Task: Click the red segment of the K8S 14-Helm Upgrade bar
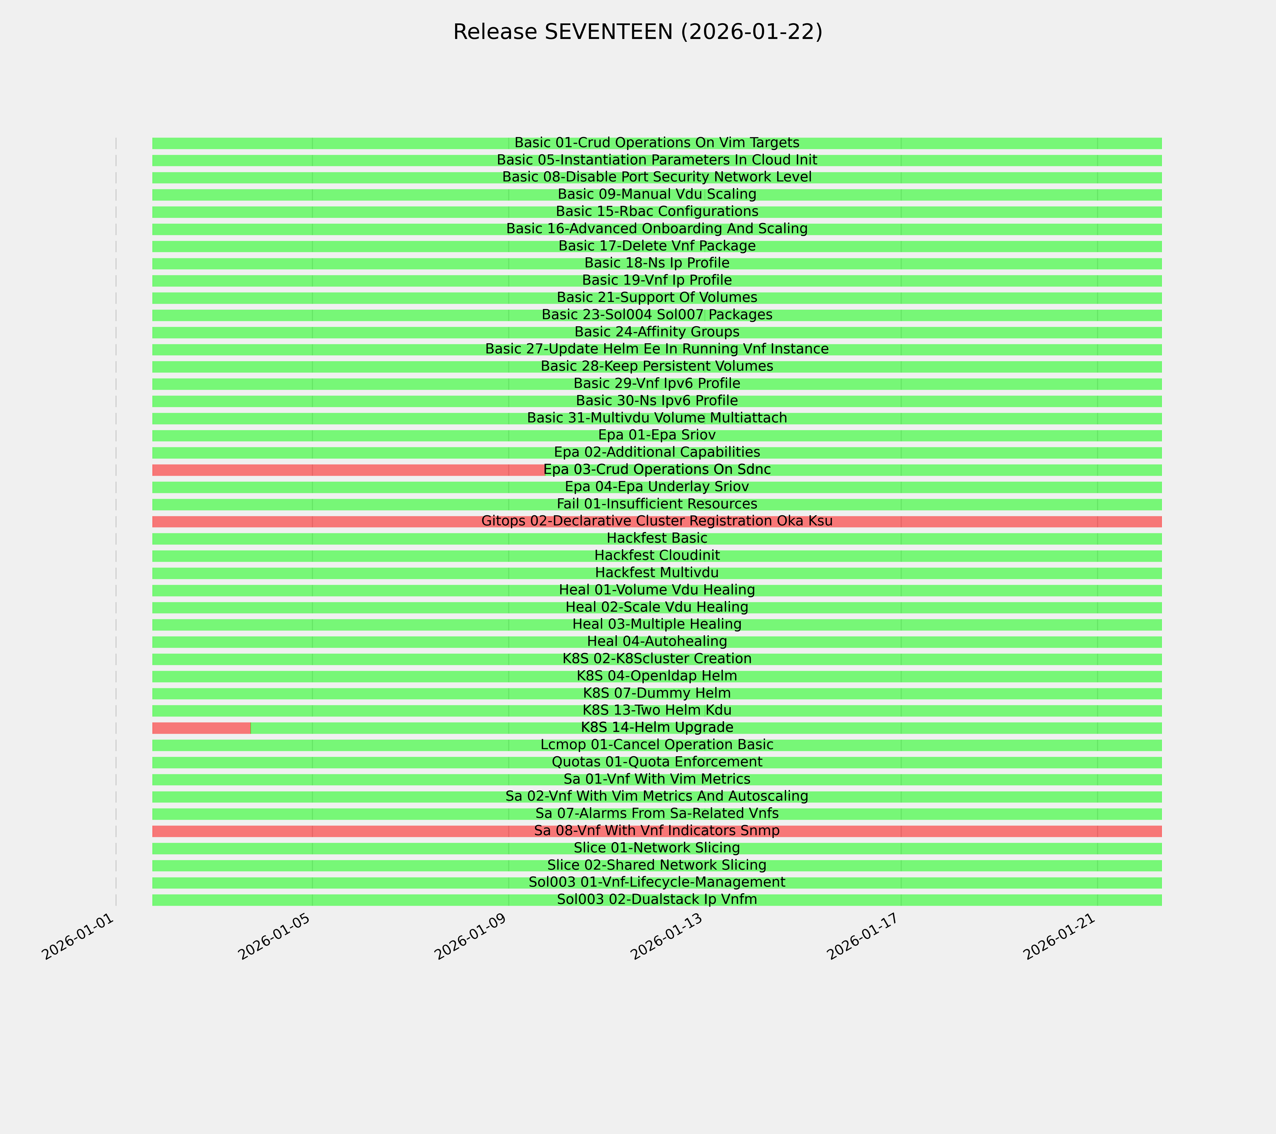[201, 728]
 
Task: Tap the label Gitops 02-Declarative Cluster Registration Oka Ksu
[657, 521]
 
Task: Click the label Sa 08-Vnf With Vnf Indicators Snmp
[657, 831]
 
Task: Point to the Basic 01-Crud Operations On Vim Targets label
[657, 143]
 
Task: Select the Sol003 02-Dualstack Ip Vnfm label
[657, 899]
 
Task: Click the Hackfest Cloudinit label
[657, 555]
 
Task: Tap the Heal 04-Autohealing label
[657, 642]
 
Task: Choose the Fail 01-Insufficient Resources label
[657, 504]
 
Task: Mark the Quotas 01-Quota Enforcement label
[657, 762]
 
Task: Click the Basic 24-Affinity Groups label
[657, 332]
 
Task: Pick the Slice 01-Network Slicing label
[657, 848]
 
